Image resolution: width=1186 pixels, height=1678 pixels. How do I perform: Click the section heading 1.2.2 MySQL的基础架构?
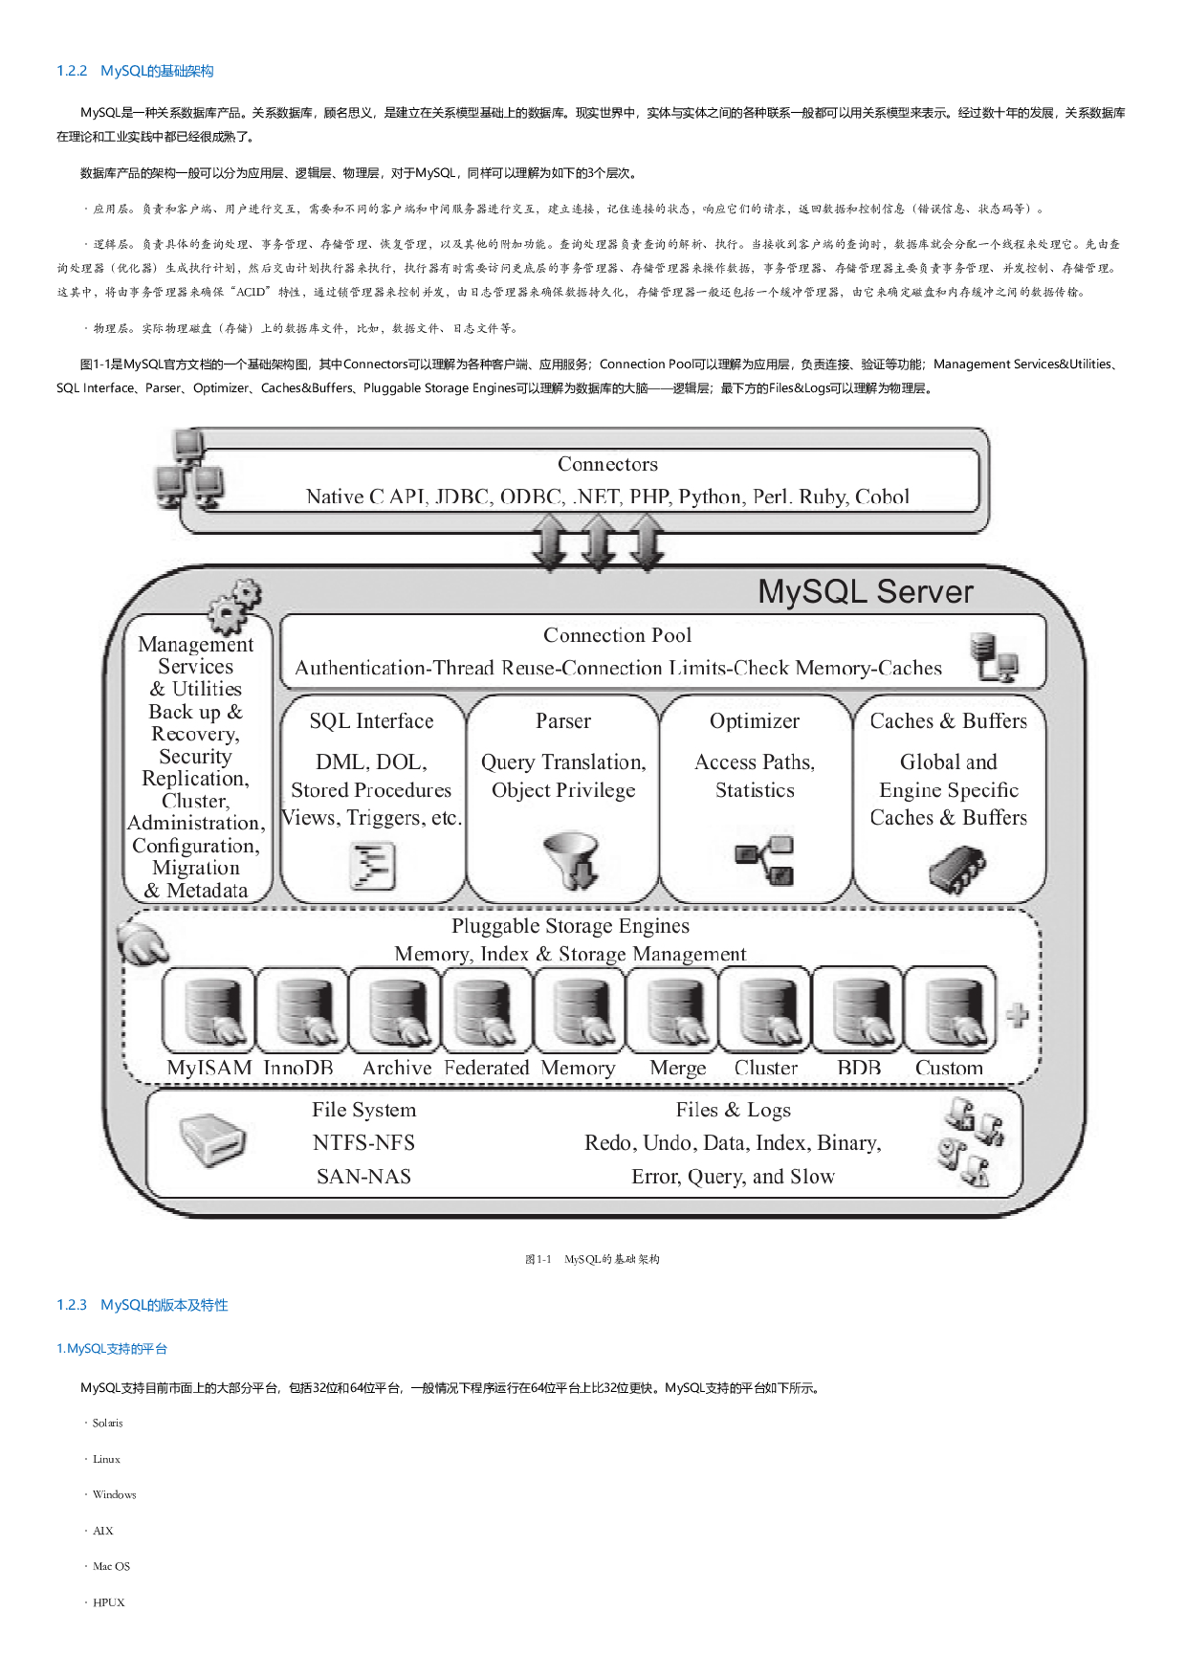point(135,71)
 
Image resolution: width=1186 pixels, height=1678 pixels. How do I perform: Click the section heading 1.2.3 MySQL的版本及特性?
point(143,1305)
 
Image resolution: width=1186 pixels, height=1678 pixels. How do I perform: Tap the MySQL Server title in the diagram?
point(865,592)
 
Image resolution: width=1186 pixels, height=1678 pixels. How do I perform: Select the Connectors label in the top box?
point(607,464)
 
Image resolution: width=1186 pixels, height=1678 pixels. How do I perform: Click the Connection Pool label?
point(617,635)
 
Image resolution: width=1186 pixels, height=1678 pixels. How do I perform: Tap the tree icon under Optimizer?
point(764,860)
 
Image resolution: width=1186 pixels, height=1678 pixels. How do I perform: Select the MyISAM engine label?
point(209,1068)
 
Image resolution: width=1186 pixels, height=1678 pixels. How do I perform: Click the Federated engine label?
point(486,1068)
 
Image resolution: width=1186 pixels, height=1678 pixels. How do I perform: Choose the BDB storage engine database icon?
point(858,1010)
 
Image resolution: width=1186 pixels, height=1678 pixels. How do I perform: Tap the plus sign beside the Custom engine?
point(1018,1014)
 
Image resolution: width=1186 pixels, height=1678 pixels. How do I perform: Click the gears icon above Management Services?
point(232,605)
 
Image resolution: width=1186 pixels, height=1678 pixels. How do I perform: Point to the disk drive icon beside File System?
point(212,1140)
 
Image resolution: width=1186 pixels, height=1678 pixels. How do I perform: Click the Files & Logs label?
point(733,1110)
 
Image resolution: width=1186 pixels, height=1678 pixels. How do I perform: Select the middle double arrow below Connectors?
point(599,541)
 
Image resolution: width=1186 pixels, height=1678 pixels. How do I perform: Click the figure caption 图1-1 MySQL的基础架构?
point(592,1259)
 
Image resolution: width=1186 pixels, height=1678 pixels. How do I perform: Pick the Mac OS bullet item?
point(111,1566)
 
